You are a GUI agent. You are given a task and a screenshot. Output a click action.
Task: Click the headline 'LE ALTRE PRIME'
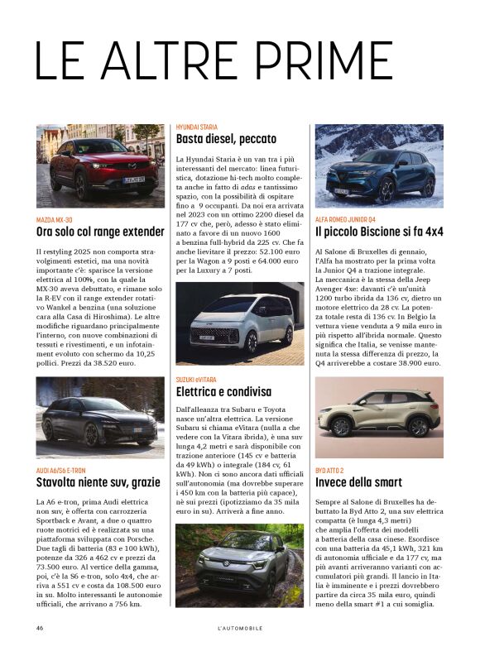tap(214, 60)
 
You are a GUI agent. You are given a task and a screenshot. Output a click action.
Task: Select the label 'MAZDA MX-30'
tap(54, 219)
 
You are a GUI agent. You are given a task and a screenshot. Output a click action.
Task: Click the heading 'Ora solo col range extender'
tap(100, 232)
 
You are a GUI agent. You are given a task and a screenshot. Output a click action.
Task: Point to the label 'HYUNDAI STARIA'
tap(196, 127)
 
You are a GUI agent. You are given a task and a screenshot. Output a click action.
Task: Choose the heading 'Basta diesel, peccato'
tap(226, 139)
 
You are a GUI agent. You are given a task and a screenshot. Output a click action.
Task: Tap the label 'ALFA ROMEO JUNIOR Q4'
tap(350, 219)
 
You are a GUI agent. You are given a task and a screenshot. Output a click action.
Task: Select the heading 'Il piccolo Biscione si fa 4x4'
tap(379, 232)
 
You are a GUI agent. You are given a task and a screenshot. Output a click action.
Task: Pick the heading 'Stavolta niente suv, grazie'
tap(98, 482)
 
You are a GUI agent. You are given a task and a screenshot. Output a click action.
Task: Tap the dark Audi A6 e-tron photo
tap(100, 418)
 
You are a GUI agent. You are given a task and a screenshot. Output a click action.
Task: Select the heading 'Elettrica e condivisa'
tap(223, 391)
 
